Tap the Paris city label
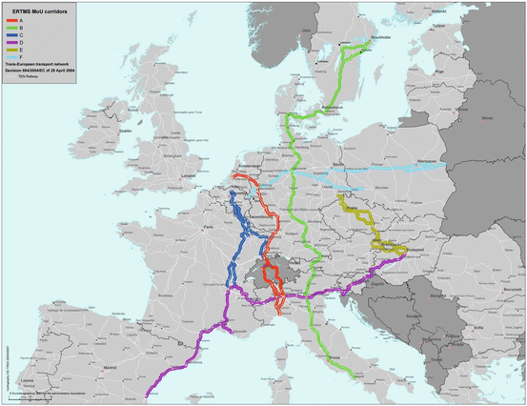208,229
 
